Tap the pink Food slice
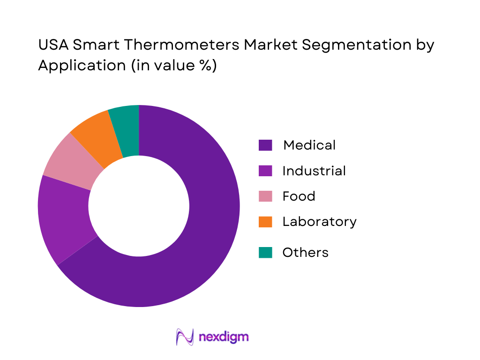click(70, 162)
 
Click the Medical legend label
click(309, 145)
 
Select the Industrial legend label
click(314, 171)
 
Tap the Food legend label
click(299, 196)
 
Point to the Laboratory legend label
click(319, 221)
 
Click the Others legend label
click(305, 253)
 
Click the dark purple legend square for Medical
click(265, 145)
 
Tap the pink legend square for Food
click(265, 196)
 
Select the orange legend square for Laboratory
click(265, 221)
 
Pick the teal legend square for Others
click(265, 253)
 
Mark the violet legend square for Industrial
click(265, 171)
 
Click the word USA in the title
click(53, 45)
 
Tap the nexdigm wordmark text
click(224, 337)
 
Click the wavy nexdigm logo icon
click(185, 337)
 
